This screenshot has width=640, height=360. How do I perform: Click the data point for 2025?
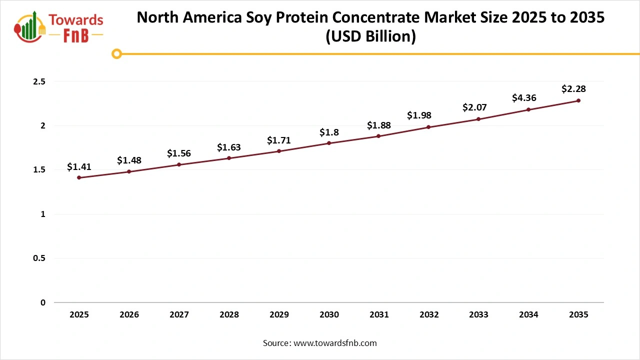79,177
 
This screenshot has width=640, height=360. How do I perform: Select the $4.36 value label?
524,98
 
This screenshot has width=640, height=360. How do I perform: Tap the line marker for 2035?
578,100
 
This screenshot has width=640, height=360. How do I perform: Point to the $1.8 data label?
329,132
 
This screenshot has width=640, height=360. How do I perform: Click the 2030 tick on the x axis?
329,315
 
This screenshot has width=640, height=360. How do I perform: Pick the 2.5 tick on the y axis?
39,81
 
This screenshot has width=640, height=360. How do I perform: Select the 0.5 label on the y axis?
39,258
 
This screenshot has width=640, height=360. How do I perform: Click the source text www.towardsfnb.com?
334,343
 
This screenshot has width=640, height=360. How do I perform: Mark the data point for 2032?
428,127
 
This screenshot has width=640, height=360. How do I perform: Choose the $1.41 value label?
79,167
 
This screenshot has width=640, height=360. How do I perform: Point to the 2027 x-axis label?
179,315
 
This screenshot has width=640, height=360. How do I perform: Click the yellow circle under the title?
116,53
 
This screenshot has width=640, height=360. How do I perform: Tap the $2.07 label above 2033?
474,107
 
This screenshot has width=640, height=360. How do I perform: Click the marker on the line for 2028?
229,158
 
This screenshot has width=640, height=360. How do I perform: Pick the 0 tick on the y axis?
43,302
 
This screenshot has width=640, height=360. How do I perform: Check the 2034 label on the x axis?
528,315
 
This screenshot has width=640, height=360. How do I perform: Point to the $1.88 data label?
378,125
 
